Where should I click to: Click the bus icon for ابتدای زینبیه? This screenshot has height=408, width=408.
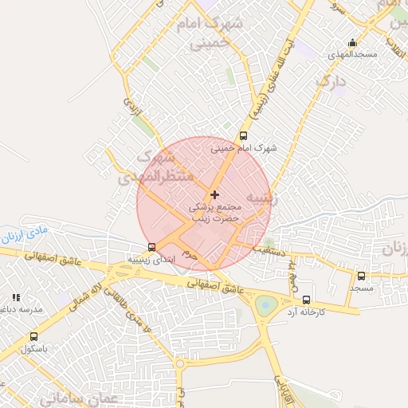click(151, 247)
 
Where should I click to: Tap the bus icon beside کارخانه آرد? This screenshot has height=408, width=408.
click(307, 300)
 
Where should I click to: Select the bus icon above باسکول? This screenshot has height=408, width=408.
click(33, 336)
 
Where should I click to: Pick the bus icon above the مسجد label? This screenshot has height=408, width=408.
click(361, 276)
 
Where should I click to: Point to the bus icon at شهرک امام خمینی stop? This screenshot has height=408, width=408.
click(243, 135)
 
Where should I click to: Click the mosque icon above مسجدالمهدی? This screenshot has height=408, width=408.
click(352, 43)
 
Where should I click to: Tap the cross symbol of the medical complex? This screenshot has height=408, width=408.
click(214, 194)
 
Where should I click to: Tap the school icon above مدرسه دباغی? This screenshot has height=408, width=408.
click(16, 297)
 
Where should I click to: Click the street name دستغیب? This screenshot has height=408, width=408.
click(269, 249)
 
